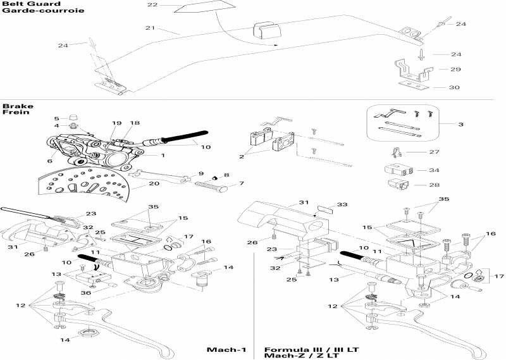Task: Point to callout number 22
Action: tap(152, 5)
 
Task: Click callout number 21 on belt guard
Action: tap(150, 28)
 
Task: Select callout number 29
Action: tap(455, 69)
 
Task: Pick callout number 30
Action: tap(455, 87)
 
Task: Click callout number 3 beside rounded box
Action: tap(461, 125)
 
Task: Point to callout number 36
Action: tap(85, 292)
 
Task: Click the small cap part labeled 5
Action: tap(73, 117)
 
